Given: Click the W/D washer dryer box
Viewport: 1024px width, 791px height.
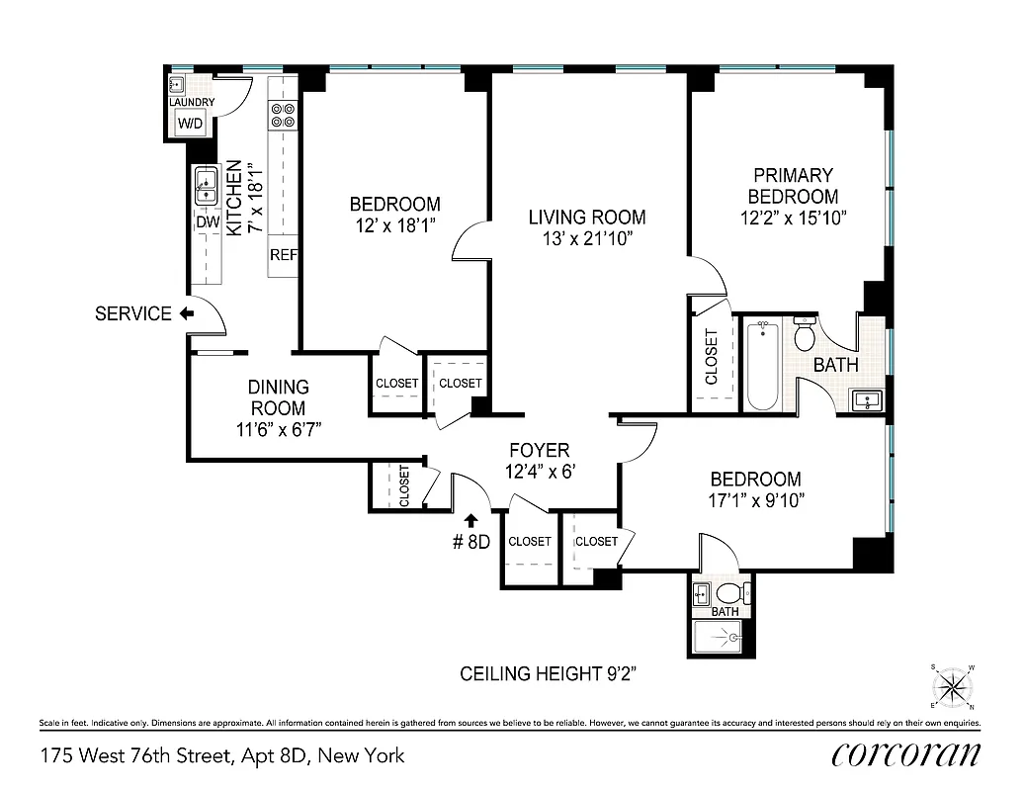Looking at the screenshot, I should [x=190, y=124].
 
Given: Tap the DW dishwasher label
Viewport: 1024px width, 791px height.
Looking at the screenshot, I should [x=207, y=222].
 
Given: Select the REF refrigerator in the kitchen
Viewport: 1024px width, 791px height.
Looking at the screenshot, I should [x=284, y=255].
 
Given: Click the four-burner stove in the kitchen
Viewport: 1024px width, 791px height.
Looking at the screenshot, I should [x=283, y=116].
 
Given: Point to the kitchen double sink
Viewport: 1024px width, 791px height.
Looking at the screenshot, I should [x=207, y=185].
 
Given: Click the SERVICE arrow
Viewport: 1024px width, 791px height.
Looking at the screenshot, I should [x=186, y=314].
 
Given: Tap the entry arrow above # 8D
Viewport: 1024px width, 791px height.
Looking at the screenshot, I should [x=470, y=518].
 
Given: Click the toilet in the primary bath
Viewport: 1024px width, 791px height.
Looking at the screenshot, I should [x=805, y=336].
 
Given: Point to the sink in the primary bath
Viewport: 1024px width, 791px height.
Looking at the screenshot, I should [x=867, y=399].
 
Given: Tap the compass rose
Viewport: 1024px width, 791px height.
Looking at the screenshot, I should [x=953, y=684].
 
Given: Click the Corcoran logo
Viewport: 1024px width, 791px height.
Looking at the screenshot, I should [x=905, y=754].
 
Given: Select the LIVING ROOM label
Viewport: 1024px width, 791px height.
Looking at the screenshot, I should [x=587, y=218].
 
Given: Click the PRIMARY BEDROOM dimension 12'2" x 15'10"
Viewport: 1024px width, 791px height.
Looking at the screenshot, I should [x=793, y=218].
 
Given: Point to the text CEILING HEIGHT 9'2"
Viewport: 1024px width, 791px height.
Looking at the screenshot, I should [x=560, y=674].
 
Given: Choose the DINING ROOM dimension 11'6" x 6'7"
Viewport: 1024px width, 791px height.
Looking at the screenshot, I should [x=277, y=429].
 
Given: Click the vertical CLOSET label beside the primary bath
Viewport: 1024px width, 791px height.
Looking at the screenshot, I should [x=712, y=356].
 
